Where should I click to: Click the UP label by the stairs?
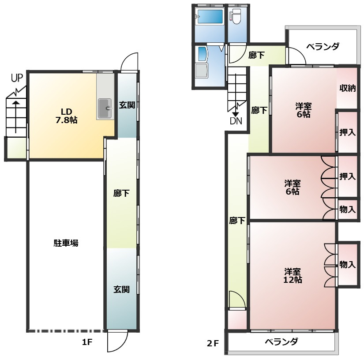[x=17, y=79]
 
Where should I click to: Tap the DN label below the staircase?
[x=236, y=120]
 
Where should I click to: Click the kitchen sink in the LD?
[x=105, y=107]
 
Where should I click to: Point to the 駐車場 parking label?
[x=66, y=243]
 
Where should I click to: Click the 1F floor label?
[x=86, y=342]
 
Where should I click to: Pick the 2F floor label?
[x=213, y=343]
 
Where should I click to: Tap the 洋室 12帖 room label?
[x=293, y=275]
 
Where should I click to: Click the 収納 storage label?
[x=348, y=88]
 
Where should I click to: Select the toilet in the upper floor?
[x=236, y=17]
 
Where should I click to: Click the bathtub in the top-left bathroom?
[x=210, y=17]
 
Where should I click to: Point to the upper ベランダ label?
[x=323, y=46]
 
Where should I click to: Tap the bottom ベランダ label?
[x=281, y=341]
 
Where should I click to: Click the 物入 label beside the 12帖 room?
[x=347, y=265]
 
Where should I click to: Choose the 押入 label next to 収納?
[x=348, y=132]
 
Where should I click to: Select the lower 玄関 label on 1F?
[x=121, y=290]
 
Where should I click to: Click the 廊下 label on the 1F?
[x=121, y=193]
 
